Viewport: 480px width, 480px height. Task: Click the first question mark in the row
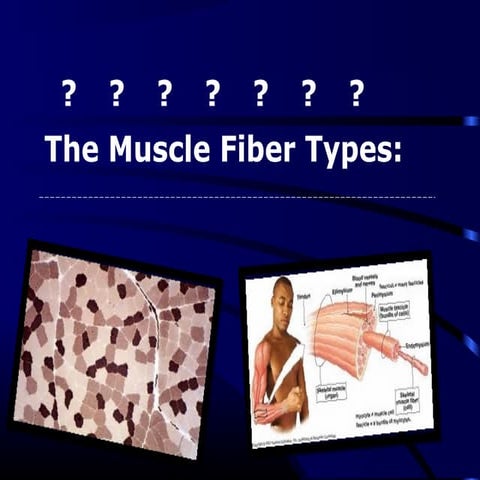coord(68,94)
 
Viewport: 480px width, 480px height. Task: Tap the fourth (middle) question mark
coord(212,94)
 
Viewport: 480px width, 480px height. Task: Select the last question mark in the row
coord(357,94)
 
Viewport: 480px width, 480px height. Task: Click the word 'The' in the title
coord(71,150)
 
